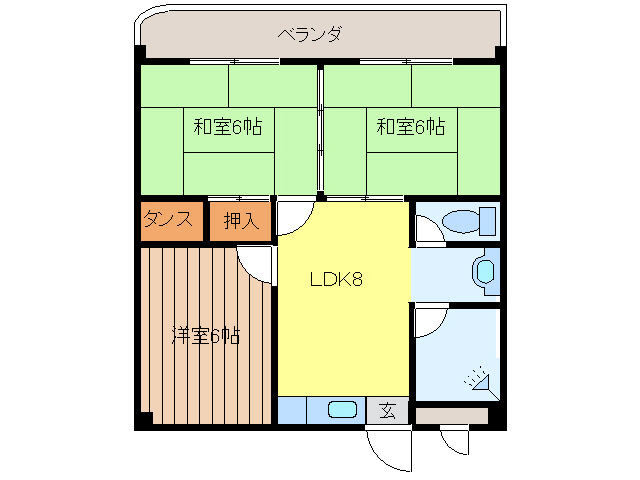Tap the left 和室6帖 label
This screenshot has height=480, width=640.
point(228,127)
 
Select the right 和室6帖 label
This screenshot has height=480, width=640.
point(410,127)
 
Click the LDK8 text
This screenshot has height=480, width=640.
point(335,280)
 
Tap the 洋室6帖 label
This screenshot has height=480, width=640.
point(205,336)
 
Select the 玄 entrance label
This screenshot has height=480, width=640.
point(387,410)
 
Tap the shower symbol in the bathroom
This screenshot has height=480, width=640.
point(477,378)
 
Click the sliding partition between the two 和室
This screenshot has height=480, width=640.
point(320,130)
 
